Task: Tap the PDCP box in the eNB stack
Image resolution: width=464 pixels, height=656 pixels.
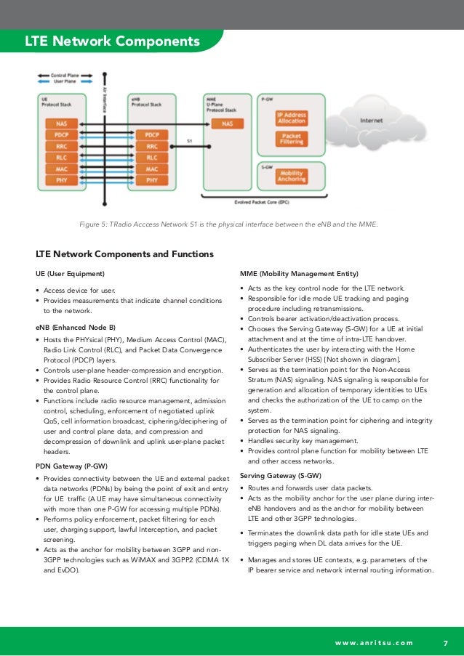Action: (x=152, y=135)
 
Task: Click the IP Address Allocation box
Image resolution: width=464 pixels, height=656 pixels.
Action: (x=291, y=119)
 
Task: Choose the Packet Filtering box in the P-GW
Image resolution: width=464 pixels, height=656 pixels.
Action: (x=291, y=139)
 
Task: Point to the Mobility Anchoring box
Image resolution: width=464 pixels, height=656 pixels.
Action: (x=291, y=175)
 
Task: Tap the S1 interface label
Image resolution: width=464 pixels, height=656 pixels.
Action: (x=189, y=141)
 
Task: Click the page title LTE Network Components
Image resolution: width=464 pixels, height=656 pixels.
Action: (x=112, y=41)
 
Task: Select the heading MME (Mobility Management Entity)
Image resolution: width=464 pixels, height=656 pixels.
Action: (x=299, y=274)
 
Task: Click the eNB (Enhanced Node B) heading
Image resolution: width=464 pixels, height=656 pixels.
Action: (x=76, y=328)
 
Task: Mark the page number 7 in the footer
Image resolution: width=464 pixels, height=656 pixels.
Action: (x=446, y=642)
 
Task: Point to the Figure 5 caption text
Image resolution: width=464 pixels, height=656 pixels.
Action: (x=228, y=224)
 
